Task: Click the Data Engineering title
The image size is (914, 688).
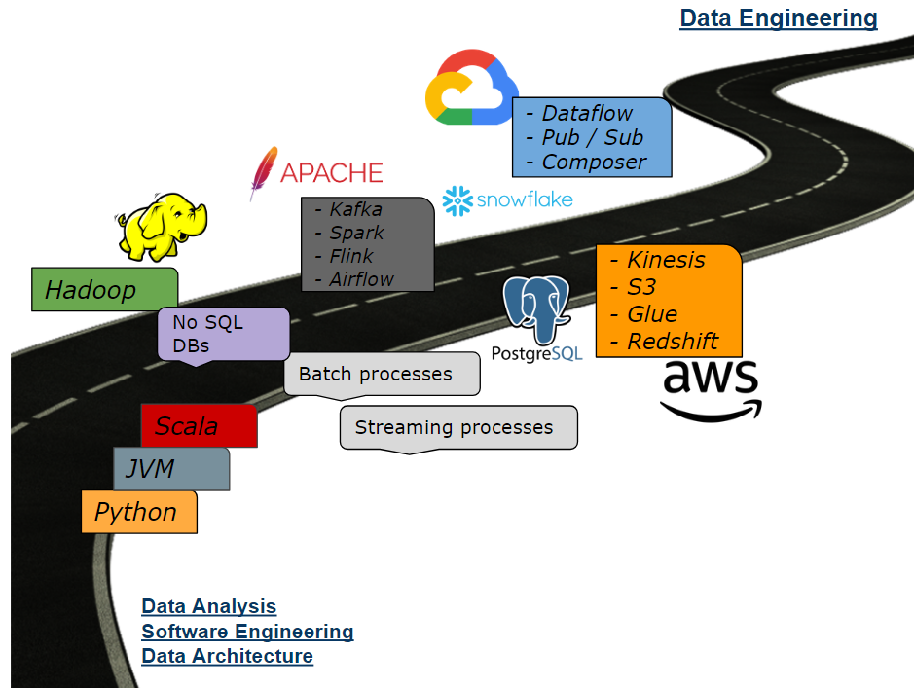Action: (x=778, y=18)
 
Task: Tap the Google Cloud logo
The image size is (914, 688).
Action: (x=470, y=89)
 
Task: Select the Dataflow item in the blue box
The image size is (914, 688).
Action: (x=587, y=113)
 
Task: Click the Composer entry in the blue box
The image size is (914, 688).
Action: (x=594, y=162)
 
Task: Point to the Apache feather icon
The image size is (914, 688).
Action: (x=262, y=172)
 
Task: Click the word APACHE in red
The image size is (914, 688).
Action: (x=331, y=173)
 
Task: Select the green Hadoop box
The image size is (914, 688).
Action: (x=104, y=289)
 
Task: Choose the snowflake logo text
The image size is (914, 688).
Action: (x=524, y=200)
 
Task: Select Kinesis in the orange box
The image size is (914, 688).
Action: (x=666, y=260)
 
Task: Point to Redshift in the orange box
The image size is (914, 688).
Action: (x=672, y=341)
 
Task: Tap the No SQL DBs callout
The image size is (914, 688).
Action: (x=223, y=334)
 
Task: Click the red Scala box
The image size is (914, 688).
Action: (x=199, y=426)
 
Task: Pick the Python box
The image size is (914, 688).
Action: (x=138, y=512)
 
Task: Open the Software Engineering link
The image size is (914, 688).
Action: (x=247, y=632)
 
